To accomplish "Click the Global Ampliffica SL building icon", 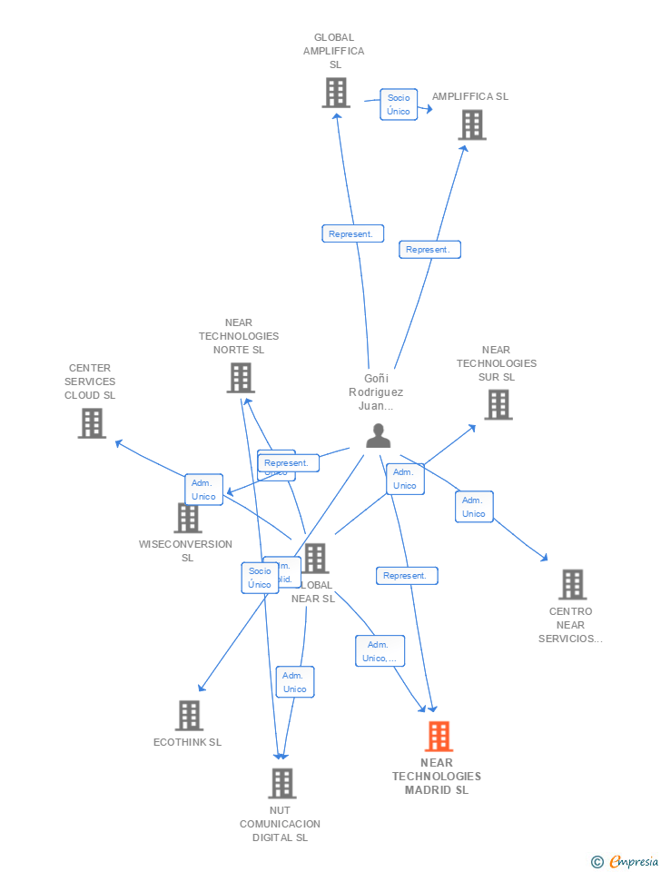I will (336, 93).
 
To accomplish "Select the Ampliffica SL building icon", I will (472, 124).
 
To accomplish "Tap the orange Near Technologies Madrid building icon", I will (439, 737).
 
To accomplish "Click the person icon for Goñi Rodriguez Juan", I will (378, 436).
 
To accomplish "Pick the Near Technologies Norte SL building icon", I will (241, 378).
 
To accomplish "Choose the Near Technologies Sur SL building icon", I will (498, 404).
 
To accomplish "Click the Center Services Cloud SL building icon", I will (92, 423).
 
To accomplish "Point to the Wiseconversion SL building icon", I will (188, 518).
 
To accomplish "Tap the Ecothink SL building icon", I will (189, 716).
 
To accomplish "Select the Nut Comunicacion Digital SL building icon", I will (282, 783).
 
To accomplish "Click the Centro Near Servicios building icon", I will (572, 585).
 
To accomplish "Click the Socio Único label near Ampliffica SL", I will (399, 104).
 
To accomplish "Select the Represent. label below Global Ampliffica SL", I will (352, 233).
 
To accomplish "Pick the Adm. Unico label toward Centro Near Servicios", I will (474, 507).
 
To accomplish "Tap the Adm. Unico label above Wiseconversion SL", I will (203, 490).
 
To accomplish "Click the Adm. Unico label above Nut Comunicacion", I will (295, 682).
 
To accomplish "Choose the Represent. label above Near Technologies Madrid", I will (407, 576).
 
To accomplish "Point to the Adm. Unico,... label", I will (380, 651).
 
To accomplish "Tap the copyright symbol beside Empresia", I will (597, 862).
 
